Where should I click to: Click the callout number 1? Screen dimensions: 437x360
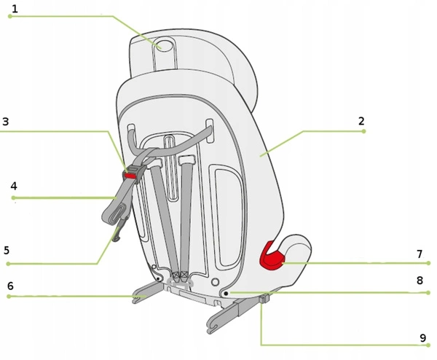coord(15,9)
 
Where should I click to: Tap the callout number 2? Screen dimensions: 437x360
coord(361,121)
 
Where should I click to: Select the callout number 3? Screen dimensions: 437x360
coord(6,122)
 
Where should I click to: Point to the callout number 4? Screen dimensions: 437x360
coord(14,186)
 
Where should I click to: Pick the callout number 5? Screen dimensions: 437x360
coord(7,250)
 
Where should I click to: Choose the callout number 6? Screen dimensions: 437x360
coord(10,286)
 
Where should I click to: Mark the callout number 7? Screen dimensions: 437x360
coord(420,254)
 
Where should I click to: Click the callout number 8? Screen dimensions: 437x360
coord(420,281)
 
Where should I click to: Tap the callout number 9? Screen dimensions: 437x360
coord(422,338)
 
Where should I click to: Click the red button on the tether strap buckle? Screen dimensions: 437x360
coord(130,176)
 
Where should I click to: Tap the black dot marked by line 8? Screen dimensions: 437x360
coord(226,294)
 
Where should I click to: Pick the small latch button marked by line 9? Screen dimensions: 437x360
coord(264,299)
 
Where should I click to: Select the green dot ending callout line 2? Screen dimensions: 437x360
coord(363,131)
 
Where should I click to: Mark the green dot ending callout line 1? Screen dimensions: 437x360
coord(10,17)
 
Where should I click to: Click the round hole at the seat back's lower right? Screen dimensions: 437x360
coord(215,282)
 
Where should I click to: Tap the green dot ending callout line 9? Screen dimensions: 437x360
coord(428,345)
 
